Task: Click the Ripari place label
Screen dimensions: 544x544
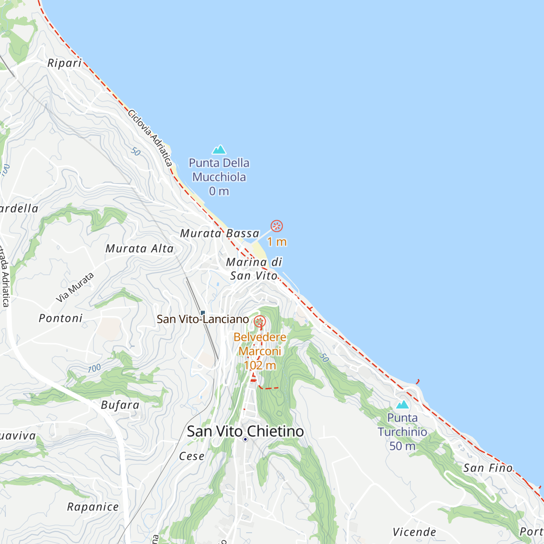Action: tap(64, 63)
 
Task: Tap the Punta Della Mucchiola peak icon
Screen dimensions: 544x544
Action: tap(219, 149)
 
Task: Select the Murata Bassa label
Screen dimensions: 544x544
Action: tap(219, 233)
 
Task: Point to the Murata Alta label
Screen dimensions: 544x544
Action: tap(140, 248)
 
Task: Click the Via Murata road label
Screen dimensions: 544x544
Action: tap(75, 287)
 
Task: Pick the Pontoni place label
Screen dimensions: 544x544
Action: tap(61, 318)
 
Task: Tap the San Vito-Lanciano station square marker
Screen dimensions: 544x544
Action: tap(203, 312)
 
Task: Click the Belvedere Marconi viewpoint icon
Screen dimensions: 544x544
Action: tap(260, 322)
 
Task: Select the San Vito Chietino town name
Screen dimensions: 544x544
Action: tap(245, 431)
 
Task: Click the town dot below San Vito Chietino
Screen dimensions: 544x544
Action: tap(245, 439)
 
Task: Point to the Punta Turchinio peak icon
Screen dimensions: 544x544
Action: tap(402, 404)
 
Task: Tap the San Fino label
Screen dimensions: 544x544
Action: tap(488, 468)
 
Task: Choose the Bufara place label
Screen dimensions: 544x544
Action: tap(120, 405)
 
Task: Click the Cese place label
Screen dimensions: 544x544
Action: tap(192, 456)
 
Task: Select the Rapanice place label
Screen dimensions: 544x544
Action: tap(93, 507)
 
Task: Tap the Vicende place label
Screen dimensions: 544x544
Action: tap(414, 532)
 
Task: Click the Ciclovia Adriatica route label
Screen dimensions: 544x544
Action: tap(150, 137)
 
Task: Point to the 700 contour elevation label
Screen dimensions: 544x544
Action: tap(94, 368)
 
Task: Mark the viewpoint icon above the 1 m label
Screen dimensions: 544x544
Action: tap(277, 226)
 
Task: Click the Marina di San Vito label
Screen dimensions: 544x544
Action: tap(254, 268)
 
